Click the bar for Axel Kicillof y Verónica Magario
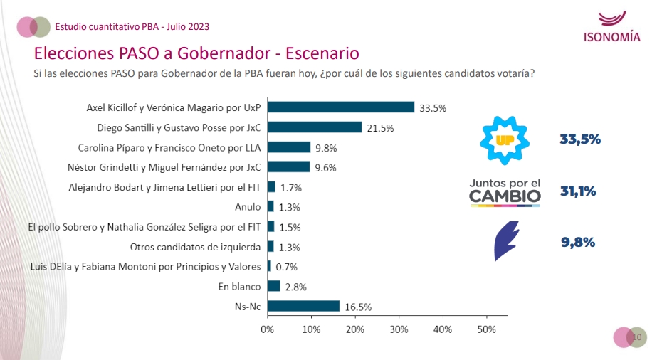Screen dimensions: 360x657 [x=340, y=107]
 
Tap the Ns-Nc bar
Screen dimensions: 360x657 [x=303, y=306]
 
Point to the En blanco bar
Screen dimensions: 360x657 [x=274, y=286]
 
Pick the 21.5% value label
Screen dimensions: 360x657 [x=379, y=128]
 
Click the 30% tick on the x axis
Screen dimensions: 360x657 [x=399, y=329]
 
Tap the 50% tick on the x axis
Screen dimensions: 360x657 [x=486, y=329]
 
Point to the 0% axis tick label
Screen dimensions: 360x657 [x=267, y=329]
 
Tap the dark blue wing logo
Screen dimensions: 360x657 [x=506, y=240]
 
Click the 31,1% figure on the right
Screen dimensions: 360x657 [x=578, y=191]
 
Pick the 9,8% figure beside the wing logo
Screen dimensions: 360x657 [x=578, y=241]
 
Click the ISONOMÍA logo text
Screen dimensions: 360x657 [x=611, y=38]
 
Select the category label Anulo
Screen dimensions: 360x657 [x=248, y=207]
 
